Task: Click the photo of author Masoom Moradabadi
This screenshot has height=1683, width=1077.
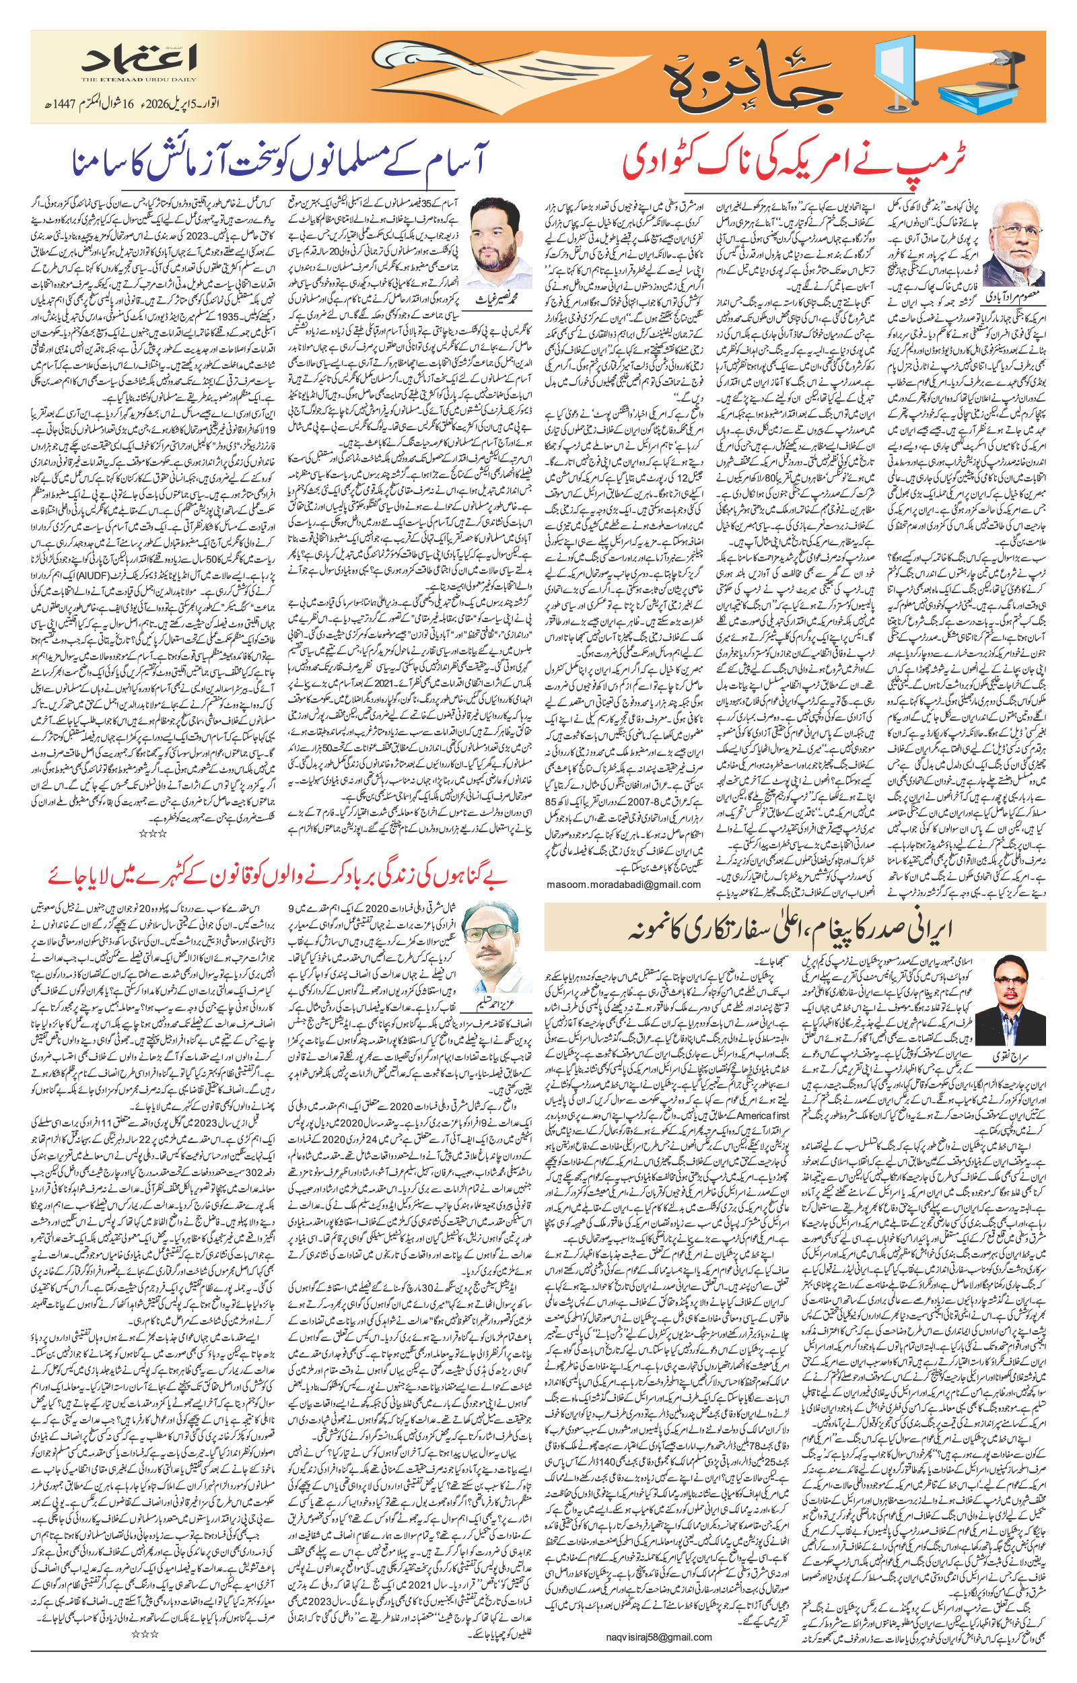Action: pos(1018,256)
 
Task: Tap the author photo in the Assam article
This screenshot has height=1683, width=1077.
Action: pos(500,238)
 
